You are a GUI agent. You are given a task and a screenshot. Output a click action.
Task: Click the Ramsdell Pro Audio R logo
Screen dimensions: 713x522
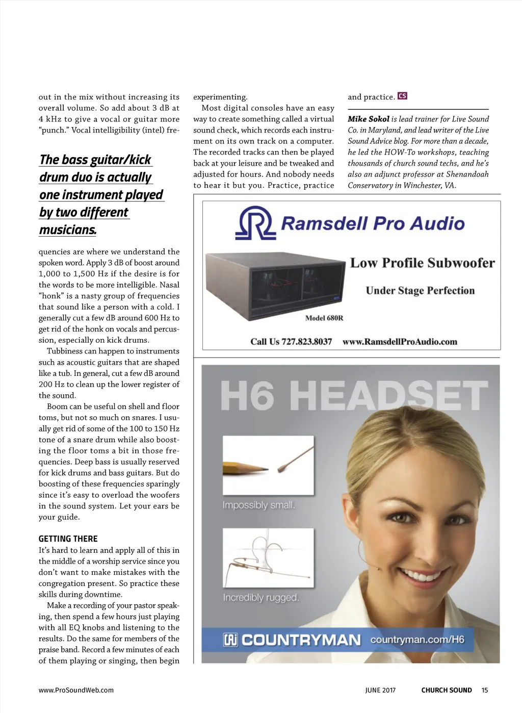pyautogui.click(x=254, y=223)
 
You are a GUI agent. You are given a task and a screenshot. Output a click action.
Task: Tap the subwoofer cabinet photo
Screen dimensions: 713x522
pyautogui.click(x=275, y=283)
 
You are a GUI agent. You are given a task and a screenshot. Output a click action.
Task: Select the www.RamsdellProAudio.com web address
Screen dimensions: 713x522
pyautogui.click(x=400, y=342)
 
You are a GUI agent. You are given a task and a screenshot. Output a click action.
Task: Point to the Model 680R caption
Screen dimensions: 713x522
pyautogui.click(x=324, y=318)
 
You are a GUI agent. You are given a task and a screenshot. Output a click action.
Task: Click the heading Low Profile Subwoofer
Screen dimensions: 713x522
pyautogui.click(x=422, y=263)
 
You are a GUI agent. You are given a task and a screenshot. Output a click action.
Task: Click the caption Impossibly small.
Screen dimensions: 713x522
pyautogui.click(x=258, y=505)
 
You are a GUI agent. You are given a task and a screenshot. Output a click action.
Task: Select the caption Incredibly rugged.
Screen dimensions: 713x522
pyautogui.click(x=260, y=598)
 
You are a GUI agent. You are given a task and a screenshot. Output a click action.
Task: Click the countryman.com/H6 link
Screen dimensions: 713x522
pyautogui.click(x=417, y=640)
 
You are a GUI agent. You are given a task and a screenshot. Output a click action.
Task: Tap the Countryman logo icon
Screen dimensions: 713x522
pyautogui.click(x=230, y=640)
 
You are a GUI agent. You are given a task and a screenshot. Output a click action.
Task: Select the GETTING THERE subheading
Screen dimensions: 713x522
pyautogui.click(x=68, y=539)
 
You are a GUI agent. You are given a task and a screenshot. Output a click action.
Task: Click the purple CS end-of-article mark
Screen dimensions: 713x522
pyautogui.click(x=402, y=96)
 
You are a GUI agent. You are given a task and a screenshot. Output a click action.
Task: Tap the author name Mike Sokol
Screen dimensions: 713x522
pyautogui.click(x=368, y=119)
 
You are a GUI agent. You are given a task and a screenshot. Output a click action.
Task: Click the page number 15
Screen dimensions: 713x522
pyautogui.click(x=485, y=690)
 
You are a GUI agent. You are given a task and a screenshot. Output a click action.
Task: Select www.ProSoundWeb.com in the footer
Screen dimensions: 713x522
pyautogui.click(x=76, y=690)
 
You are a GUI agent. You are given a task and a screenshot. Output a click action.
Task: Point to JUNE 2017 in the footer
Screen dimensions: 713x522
pyautogui.click(x=380, y=690)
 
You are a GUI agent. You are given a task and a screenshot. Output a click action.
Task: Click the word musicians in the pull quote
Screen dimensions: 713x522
pyautogui.click(x=68, y=230)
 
